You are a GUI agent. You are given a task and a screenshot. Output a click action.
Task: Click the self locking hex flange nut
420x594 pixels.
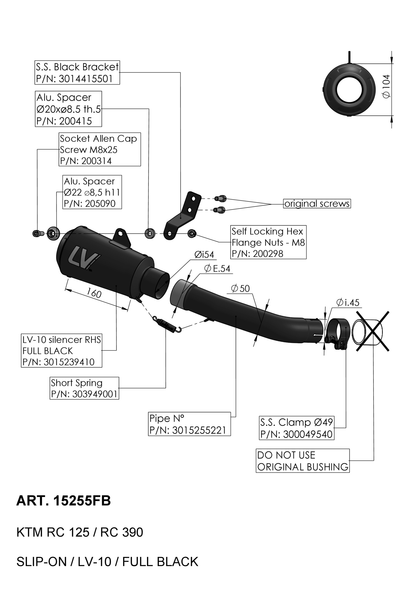click(192, 233)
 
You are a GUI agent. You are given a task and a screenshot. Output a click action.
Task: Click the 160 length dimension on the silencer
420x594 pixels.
click(94, 293)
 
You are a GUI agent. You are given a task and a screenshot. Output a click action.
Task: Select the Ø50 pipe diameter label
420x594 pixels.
click(240, 288)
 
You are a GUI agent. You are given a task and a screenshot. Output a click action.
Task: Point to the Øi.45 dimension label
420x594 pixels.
click(347, 302)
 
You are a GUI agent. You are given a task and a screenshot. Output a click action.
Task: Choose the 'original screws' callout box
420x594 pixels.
click(317, 204)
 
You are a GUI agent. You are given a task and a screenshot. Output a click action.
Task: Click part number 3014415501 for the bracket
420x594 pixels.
click(85, 79)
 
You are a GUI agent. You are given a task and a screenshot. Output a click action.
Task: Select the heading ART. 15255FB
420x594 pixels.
click(64, 501)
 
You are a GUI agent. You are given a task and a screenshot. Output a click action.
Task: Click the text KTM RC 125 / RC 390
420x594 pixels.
click(80, 532)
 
